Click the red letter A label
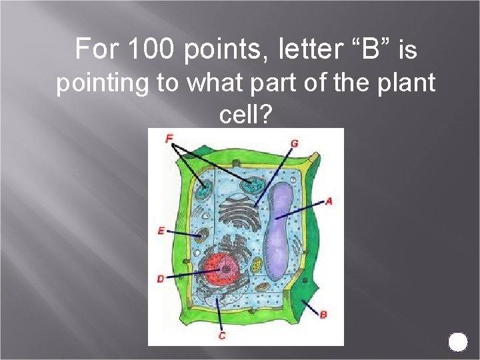[329, 201]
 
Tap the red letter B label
[323, 314]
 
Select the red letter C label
[222, 336]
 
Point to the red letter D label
[161, 279]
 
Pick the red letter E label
[161, 231]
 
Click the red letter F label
[169, 139]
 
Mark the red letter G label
[295, 143]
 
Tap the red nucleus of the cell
[222, 269]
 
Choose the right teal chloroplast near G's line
[252, 185]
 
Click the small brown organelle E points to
[202, 235]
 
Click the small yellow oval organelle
[264, 286]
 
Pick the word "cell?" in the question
[245, 115]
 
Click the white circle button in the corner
[458, 341]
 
